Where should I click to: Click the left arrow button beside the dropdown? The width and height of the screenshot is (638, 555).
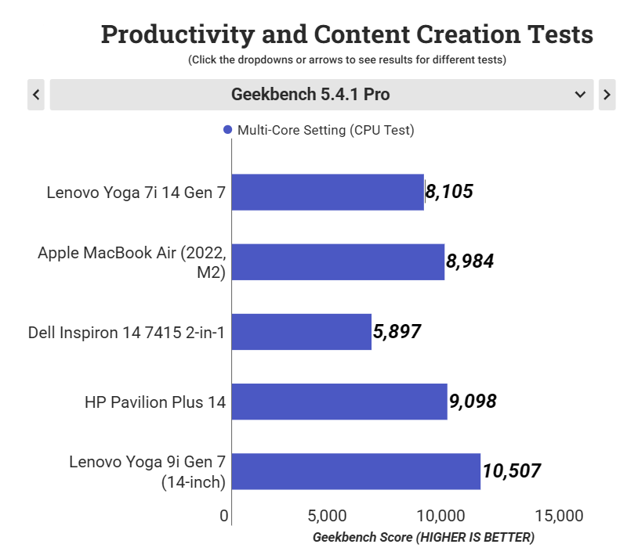[36, 95]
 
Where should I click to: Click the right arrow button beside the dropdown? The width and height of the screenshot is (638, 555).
[607, 95]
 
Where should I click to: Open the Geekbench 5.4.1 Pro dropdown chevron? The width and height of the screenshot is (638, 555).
[580, 95]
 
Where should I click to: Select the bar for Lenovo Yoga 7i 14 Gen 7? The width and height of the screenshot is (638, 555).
[328, 193]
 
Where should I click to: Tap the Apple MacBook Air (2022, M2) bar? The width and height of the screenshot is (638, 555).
[338, 262]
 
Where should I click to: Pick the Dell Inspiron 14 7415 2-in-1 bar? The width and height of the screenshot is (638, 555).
[302, 332]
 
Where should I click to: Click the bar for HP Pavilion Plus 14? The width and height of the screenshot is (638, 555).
[339, 402]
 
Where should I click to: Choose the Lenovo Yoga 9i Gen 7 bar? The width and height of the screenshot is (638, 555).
[356, 471]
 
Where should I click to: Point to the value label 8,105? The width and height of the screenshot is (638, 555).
[449, 192]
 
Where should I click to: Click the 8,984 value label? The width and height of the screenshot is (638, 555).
[469, 261]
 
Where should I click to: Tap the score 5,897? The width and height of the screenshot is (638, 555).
[397, 331]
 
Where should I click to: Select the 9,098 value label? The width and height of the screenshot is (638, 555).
[473, 402]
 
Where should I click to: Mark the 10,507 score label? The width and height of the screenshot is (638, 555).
[511, 471]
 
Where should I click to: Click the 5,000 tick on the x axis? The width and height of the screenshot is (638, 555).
[328, 516]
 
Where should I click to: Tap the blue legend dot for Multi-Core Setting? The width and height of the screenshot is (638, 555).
[227, 130]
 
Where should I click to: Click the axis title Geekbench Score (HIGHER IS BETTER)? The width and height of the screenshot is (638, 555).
[423, 538]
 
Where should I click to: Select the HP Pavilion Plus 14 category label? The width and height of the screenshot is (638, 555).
[155, 402]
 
